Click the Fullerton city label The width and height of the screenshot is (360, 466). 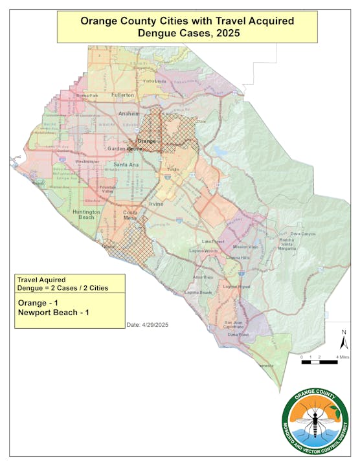pyautogui.click(x=122, y=95)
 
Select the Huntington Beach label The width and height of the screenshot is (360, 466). pyautogui.click(x=86, y=214)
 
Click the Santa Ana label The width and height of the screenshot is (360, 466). pyautogui.click(x=124, y=165)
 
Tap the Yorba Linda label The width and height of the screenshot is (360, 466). pyautogui.click(x=155, y=82)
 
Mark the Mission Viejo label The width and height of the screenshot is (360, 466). pyautogui.click(x=244, y=247)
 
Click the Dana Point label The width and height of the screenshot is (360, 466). pyautogui.click(x=238, y=335)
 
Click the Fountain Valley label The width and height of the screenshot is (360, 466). pyautogui.click(x=107, y=189)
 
